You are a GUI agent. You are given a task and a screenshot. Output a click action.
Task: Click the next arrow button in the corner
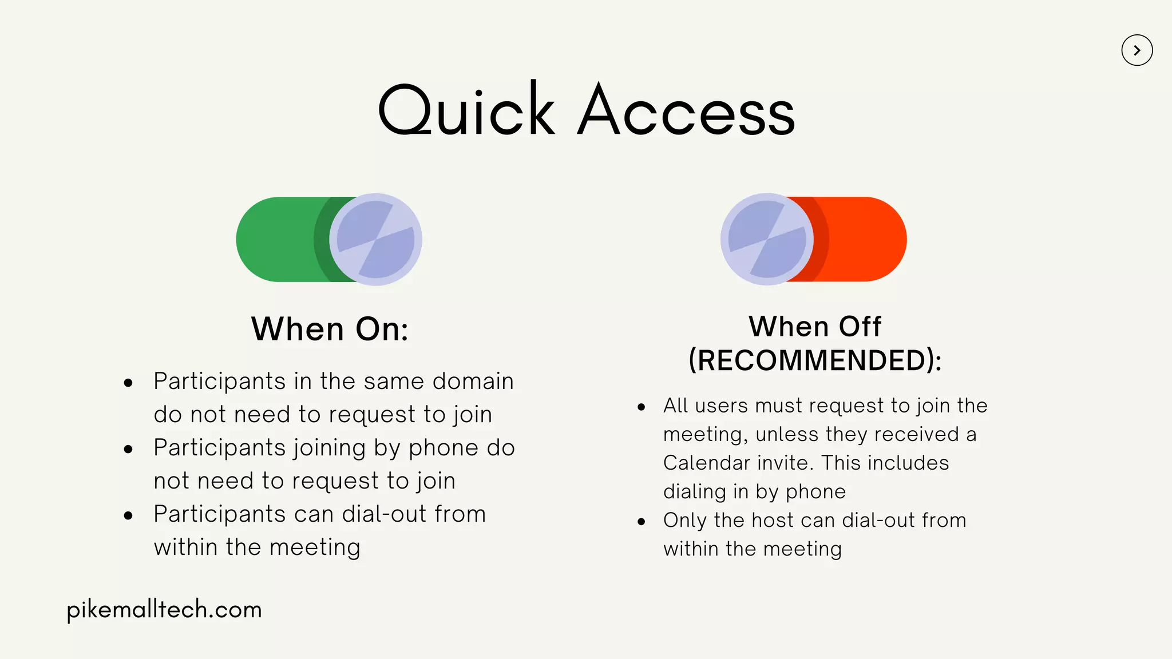click(x=1137, y=50)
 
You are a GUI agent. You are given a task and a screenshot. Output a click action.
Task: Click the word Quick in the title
click(x=466, y=110)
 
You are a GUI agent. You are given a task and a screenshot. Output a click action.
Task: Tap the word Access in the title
click(x=686, y=110)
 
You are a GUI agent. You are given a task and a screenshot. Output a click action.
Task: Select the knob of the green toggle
click(x=375, y=239)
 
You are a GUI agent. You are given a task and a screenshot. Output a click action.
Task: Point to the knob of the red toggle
click(x=767, y=239)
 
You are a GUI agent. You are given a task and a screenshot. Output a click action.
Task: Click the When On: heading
click(x=330, y=329)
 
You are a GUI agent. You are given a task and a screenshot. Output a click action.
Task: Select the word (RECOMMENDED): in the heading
click(x=815, y=360)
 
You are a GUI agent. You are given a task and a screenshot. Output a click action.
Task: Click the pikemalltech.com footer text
click(x=164, y=610)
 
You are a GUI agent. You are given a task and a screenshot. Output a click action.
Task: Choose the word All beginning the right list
click(x=675, y=406)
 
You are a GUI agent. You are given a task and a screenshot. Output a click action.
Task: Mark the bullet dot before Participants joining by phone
click(x=128, y=450)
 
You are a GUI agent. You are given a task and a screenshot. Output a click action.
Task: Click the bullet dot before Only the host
click(x=642, y=522)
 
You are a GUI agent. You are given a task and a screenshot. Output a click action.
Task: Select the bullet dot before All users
click(x=642, y=407)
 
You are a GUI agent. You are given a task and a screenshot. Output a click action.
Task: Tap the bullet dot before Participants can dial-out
click(x=128, y=516)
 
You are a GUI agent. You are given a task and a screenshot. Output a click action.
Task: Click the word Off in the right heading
click(x=860, y=327)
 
